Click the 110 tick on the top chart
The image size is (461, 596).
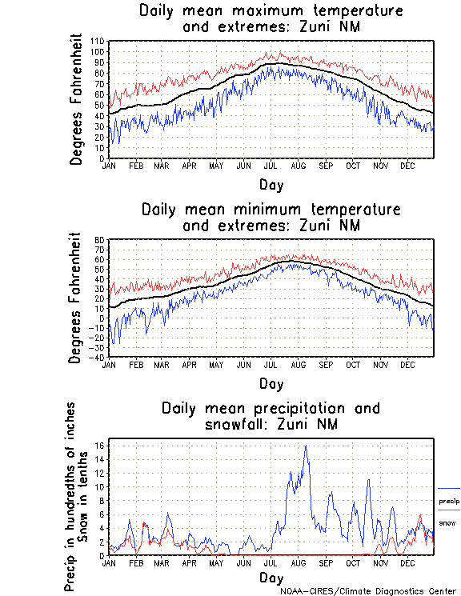pos(98,41)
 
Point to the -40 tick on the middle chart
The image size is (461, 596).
pos(98,357)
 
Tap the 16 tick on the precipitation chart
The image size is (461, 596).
pos(98,446)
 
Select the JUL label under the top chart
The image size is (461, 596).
pos(271,166)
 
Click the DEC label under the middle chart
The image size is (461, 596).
pos(407,365)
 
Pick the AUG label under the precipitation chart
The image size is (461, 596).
pos(298,563)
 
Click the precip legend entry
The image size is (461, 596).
pos(449,501)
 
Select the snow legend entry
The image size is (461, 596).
pos(447,522)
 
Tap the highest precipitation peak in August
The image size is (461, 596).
pos(306,446)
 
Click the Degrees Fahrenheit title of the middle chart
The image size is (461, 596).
pos(76,298)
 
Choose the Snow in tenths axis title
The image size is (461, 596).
pos(92,496)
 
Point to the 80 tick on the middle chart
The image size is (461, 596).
pos(100,239)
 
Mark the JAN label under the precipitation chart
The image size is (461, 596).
pos(110,563)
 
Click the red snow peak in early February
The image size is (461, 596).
pos(144,523)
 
